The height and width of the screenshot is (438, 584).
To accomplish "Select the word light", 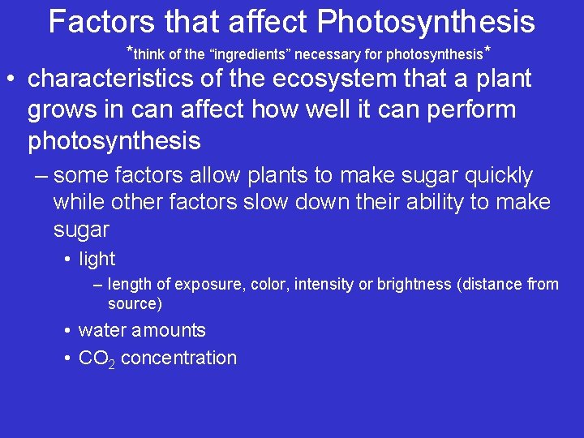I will point(97,260).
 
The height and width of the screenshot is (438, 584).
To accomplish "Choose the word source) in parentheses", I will point(135,304).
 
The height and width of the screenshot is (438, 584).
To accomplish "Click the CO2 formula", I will point(97,359).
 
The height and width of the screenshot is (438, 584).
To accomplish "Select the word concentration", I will point(178,359).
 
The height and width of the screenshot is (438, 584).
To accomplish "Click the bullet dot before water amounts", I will point(68,331).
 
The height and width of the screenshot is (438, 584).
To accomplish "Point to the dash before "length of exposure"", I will point(97,285).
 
